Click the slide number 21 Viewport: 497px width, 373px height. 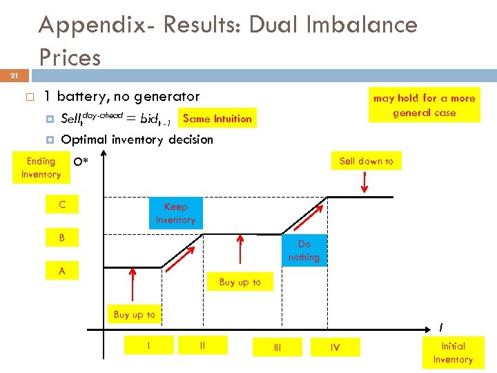coord(14,75)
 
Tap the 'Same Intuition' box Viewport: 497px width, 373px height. coord(217,118)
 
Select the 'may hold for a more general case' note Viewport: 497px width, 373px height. coord(424,105)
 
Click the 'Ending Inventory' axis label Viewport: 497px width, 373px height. coord(41,168)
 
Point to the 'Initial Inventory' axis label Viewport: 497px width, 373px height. coord(453,352)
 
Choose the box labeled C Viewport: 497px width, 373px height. coord(62,204)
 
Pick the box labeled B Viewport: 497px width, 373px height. coord(62,238)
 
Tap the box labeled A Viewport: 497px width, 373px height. coord(62,271)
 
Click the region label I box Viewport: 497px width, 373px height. coord(150,345)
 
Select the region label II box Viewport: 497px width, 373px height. coord(202,345)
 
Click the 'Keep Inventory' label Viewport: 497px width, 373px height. coord(175,213)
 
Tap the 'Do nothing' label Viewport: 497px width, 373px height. coord(304,251)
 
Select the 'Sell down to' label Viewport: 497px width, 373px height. coord(366,161)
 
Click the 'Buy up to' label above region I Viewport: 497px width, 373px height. coord(134,314)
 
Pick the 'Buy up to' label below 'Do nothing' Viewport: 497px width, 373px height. coord(240,282)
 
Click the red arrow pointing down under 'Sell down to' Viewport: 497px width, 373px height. coord(366,183)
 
